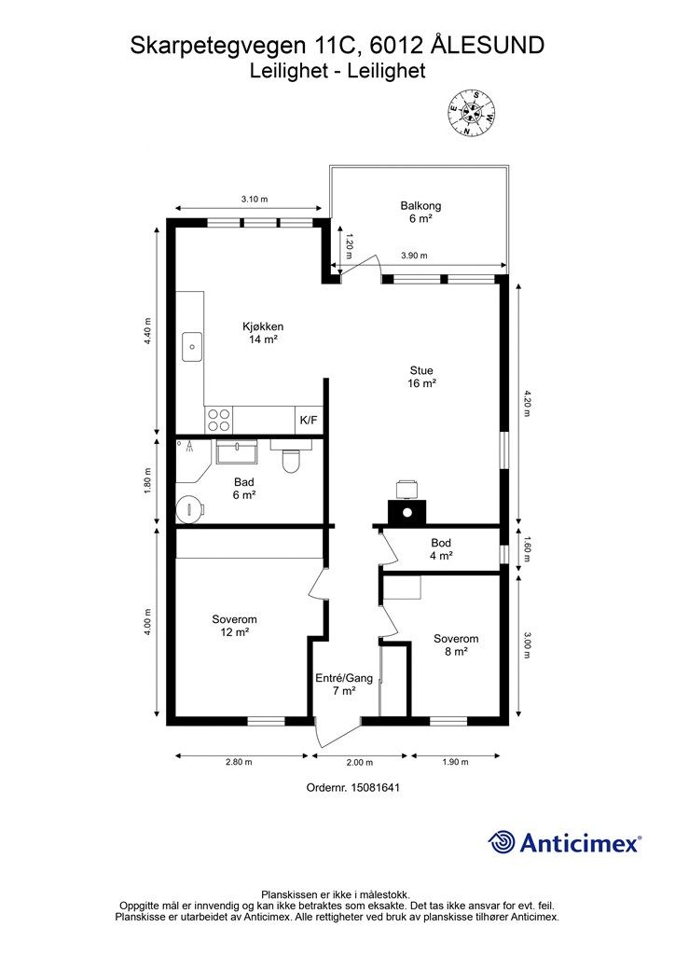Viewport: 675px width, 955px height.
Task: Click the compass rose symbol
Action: click(472, 113)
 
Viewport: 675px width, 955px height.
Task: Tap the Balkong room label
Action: click(420, 212)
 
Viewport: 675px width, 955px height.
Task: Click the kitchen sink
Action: click(192, 347)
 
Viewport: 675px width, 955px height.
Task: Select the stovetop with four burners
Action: click(219, 420)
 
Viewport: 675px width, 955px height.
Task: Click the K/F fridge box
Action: click(309, 421)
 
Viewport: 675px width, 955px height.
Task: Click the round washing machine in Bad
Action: click(190, 509)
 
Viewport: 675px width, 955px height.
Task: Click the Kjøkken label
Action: click(263, 333)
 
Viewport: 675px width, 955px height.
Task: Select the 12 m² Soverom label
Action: click(234, 626)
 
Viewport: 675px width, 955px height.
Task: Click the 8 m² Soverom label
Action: click(456, 645)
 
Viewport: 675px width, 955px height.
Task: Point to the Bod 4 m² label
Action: click(441, 548)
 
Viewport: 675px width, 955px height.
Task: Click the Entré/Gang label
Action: click(344, 678)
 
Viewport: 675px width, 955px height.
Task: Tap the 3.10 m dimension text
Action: click(255, 199)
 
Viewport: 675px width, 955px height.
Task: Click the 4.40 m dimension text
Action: click(147, 332)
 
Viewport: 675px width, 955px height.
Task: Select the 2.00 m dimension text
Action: click(360, 763)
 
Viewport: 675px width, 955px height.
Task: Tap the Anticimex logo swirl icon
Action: click(502, 842)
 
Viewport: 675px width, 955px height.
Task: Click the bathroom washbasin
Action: click(237, 452)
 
